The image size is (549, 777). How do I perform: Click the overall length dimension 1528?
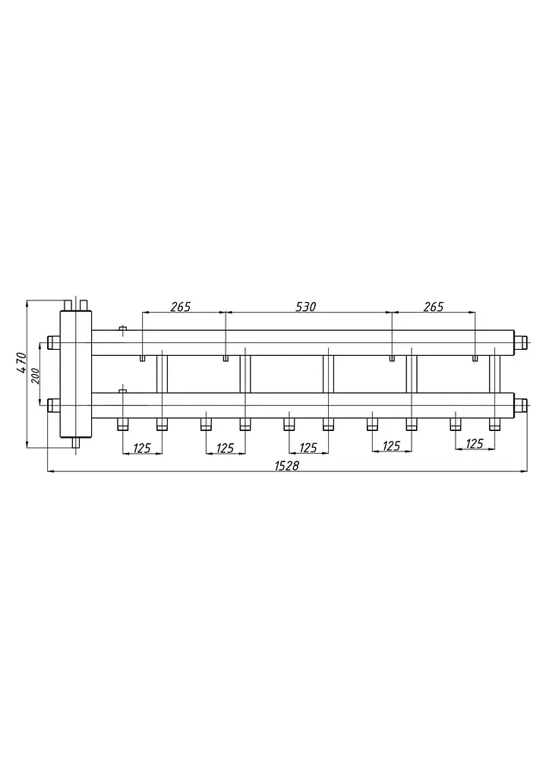pyautogui.click(x=287, y=466)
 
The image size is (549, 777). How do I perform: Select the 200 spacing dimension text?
pyautogui.click(x=35, y=376)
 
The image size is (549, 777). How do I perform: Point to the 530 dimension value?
pyautogui.click(x=305, y=307)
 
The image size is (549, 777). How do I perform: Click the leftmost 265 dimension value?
pyautogui.click(x=181, y=307)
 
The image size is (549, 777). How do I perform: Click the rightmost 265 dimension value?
pyautogui.click(x=434, y=307)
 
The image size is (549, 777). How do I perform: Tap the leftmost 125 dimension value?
pyautogui.click(x=142, y=448)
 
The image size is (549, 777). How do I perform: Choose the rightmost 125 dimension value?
pyautogui.click(x=475, y=444)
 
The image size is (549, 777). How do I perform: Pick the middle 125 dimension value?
pyautogui.click(x=308, y=448)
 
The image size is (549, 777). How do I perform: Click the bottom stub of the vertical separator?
pyautogui.click(x=75, y=443)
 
